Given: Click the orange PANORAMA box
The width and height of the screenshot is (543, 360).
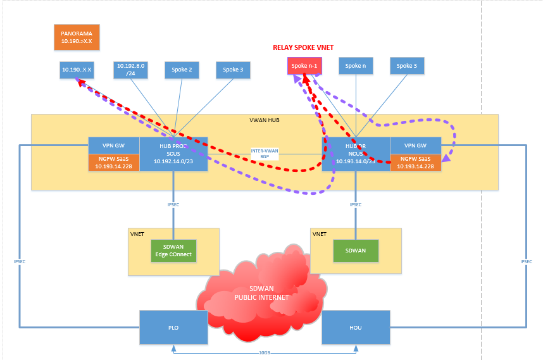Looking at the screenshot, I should [77, 37].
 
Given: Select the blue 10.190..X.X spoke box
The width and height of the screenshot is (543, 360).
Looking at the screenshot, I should [77, 70].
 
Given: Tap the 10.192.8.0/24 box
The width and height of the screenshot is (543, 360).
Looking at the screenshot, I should [131, 70].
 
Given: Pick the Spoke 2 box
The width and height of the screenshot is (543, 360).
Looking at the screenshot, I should [182, 70].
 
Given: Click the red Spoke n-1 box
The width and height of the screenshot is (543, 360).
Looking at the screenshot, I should [304, 66].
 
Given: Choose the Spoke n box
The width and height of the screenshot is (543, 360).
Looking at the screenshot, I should [356, 66].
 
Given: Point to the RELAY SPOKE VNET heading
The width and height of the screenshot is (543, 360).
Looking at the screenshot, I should [303, 47].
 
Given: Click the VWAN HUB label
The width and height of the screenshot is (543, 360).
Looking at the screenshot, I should [265, 120].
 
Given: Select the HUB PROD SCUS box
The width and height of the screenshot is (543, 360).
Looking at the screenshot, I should [173, 154].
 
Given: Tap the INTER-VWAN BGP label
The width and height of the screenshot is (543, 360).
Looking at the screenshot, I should [265, 153].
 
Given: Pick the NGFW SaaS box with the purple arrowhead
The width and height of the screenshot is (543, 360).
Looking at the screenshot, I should [416, 162].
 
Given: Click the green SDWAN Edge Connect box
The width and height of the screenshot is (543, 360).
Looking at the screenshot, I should [173, 251].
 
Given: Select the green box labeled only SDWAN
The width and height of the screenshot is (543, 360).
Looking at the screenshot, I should [356, 250].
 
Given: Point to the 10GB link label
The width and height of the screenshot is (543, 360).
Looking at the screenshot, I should [265, 353].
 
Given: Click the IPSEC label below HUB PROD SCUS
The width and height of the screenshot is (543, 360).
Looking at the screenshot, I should [173, 204].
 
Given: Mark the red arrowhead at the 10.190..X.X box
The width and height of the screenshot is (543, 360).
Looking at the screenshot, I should [79, 81].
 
